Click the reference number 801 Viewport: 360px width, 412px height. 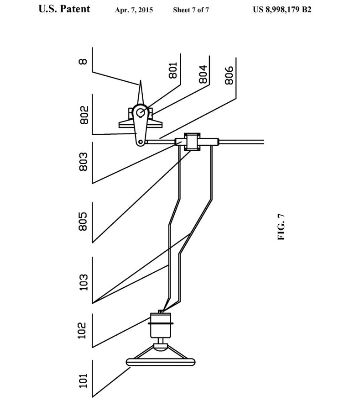coord(173,70)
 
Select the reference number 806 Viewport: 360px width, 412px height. coord(229,75)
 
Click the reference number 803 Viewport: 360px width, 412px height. coord(83,162)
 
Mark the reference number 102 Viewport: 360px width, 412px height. coord(82,330)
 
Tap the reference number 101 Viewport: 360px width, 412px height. coord(83,380)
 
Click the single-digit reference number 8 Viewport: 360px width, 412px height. coord(83,61)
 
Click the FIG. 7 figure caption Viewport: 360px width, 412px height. coord(281,227)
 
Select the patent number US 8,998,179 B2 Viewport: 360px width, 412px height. coord(282,10)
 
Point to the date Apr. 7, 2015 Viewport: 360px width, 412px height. coord(134,10)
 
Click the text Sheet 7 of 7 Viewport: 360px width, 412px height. coord(191,10)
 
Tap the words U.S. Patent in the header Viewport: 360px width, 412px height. coord(64,9)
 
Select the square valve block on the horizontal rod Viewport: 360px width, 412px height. coord(192,142)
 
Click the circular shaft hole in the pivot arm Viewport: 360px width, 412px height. coord(141,112)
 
